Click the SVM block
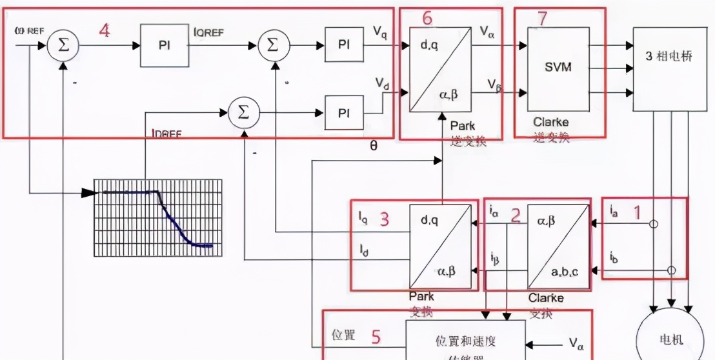(x=558, y=67)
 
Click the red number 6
(x=427, y=19)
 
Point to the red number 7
(x=542, y=19)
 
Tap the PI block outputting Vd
(x=343, y=112)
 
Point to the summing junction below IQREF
(x=243, y=112)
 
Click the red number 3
(x=384, y=219)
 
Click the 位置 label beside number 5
(x=343, y=335)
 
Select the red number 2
(x=515, y=215)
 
